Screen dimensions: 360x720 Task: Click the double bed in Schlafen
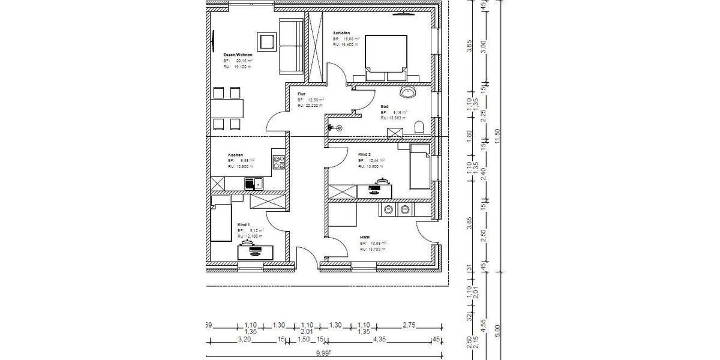pos(387,57)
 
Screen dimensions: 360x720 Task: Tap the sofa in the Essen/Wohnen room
pos(291,45)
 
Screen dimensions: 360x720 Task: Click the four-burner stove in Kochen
pos(278,161)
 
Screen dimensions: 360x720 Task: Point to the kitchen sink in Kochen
pos(258,184)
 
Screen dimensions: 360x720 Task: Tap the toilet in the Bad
pos(419,127)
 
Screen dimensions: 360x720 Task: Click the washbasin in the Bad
pos(410,92)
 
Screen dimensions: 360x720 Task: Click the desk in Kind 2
pos(374,191)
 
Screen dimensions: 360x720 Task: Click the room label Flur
pos(302,94)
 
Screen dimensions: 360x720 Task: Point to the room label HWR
pos(365,237)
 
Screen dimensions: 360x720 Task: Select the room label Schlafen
pos(341,33)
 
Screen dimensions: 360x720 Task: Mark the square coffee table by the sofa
pos(264,41)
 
